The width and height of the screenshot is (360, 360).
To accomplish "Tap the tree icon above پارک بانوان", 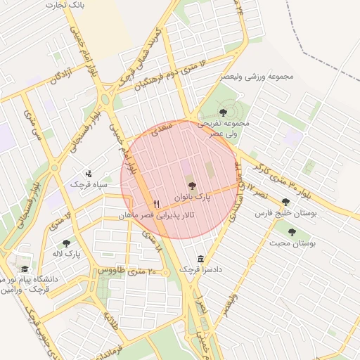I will tap(192, 186).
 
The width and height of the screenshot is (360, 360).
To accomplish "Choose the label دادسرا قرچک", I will tap(199, 269).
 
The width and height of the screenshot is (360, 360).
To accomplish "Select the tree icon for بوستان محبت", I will tap(292, 232).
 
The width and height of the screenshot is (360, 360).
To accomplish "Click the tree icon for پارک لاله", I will tap(67, 243).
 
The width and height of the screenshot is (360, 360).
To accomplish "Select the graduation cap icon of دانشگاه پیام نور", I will tap(25, 269).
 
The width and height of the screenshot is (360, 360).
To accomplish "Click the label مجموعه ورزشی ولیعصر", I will tap(257, 76).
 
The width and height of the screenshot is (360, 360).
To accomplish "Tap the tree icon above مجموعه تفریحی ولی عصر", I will tap(223, 111).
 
